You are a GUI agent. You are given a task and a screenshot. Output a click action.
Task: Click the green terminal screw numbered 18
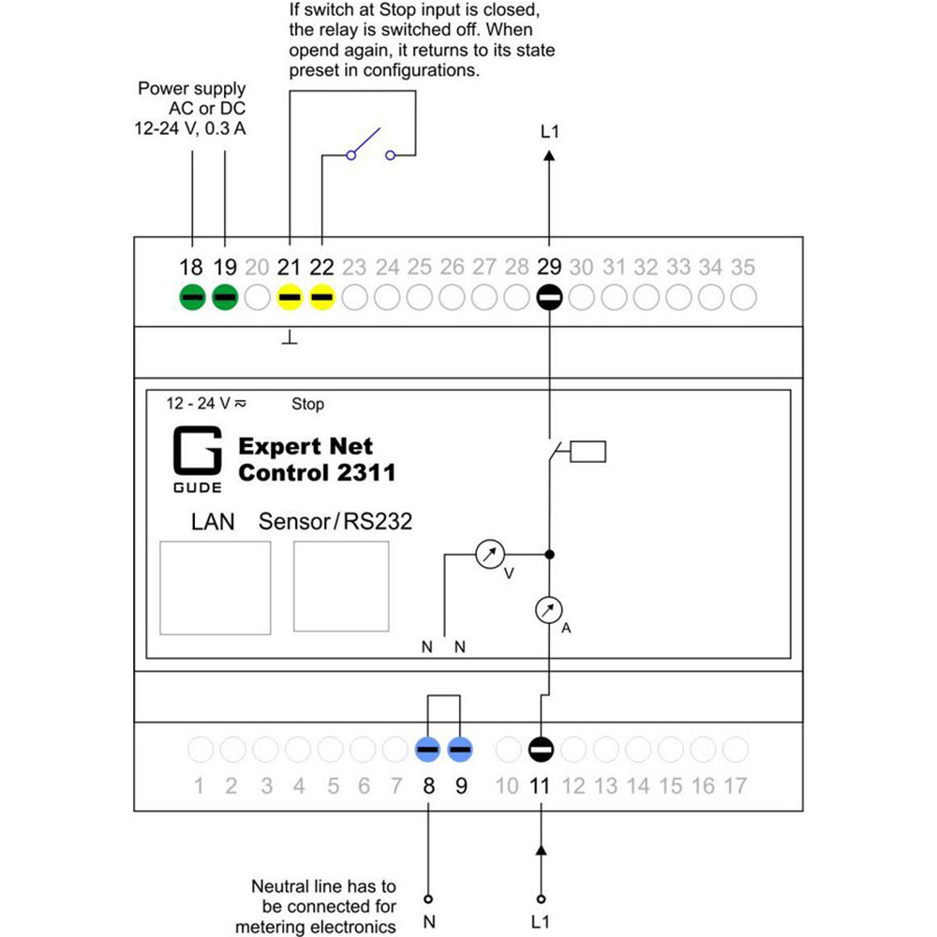point(192,297)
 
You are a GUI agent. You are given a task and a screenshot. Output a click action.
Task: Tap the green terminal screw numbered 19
point(225,297)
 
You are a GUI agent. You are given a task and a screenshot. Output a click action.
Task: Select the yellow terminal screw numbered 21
point(290,297)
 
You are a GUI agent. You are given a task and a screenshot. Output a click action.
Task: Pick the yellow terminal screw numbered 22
point(322,297)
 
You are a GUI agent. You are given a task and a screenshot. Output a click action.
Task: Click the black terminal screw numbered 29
point(549,297)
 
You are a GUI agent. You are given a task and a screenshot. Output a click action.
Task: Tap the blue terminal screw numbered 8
point(428,750)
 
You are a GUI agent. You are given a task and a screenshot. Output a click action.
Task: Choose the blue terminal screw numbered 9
point(460,750)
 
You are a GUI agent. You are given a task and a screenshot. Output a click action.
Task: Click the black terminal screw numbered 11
point(541,750)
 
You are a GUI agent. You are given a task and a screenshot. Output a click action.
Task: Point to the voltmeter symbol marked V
point(490,555)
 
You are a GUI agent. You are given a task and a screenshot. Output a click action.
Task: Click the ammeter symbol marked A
point(548,610)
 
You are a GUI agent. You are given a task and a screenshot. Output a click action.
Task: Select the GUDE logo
point(197,459)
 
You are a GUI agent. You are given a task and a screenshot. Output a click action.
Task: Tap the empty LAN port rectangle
point(216,588)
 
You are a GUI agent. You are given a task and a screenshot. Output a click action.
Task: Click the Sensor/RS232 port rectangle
point(341,587)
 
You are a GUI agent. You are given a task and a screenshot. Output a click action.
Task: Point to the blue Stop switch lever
point(366,141)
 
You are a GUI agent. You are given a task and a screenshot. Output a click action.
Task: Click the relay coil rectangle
point(588,452)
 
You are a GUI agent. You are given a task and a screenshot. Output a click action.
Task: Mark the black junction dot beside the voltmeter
point(550,555)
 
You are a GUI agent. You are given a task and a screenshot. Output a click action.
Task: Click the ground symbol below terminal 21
point(290,338)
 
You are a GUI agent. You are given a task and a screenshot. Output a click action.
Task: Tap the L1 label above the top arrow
point(549,131)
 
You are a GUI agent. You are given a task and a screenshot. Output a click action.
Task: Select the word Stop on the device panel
point(307,404)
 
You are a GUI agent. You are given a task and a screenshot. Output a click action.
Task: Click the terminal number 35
point(743,267)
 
